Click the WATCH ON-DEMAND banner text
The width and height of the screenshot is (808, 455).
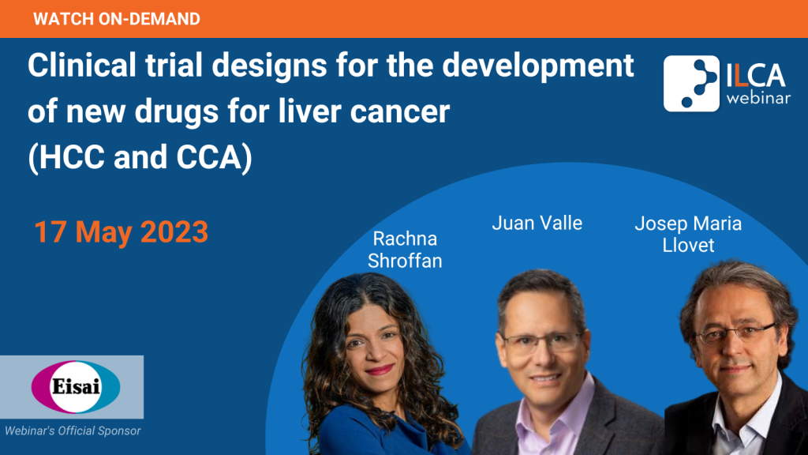click(x=117, y=19)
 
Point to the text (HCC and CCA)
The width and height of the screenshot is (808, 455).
click(x=140, y=157)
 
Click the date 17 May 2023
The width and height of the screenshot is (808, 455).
click(x=121, y=231)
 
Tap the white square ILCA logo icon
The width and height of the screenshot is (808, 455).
click(x=691, y=84)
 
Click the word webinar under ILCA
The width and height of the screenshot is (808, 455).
click(x=758, y=97)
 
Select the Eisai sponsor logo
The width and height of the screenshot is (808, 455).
click(x=76, y=387)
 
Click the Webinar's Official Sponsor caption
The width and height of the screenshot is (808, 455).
click(x=73, y=431)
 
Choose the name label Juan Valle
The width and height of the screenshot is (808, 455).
click(x=537, y=223)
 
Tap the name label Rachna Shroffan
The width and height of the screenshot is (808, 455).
click(x=405, y=250)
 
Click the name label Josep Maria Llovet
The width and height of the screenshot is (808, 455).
click(x=688, y=234)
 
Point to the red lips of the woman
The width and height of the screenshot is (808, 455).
click(x=380, y=370)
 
